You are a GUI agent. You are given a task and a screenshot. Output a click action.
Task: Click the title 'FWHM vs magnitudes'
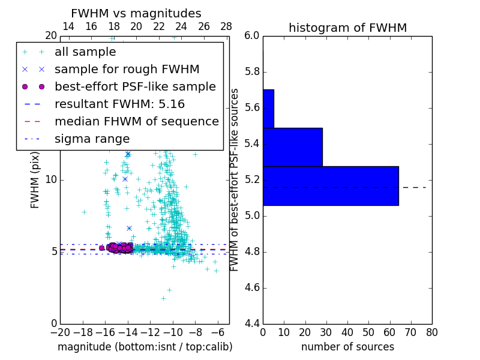click(136, 13)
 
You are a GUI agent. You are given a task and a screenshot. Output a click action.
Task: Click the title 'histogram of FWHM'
click(347, 28)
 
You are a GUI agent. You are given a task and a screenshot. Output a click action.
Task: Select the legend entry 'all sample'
click(85, 52)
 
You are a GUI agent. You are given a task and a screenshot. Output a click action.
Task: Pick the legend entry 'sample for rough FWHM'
click(127, 69)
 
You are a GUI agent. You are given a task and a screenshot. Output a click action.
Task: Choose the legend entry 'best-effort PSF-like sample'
click(135, 86)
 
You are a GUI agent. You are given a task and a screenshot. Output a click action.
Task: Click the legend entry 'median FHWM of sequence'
click(136, 121)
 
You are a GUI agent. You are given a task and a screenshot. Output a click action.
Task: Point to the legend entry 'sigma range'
click(92, 139)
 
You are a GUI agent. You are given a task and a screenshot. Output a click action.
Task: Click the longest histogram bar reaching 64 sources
click(331, 185)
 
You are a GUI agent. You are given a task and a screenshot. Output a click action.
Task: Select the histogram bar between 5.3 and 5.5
click(293, 147)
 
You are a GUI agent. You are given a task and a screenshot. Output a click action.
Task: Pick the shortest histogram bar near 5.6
click(268, 109)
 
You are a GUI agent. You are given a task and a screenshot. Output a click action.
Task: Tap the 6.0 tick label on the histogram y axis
click(253, 35)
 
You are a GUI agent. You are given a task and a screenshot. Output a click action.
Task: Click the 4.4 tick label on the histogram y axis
click(253, 323)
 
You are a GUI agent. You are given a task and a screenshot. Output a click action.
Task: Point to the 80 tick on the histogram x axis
click(432, 332)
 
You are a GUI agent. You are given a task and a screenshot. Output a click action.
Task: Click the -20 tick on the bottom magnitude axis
click(60, 332)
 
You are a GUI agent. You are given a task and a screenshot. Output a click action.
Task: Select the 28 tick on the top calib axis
click(226, 26)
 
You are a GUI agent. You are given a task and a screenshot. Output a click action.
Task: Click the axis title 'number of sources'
click(347, 347)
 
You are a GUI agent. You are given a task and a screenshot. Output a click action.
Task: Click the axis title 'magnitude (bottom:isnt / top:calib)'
click(145, 347)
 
